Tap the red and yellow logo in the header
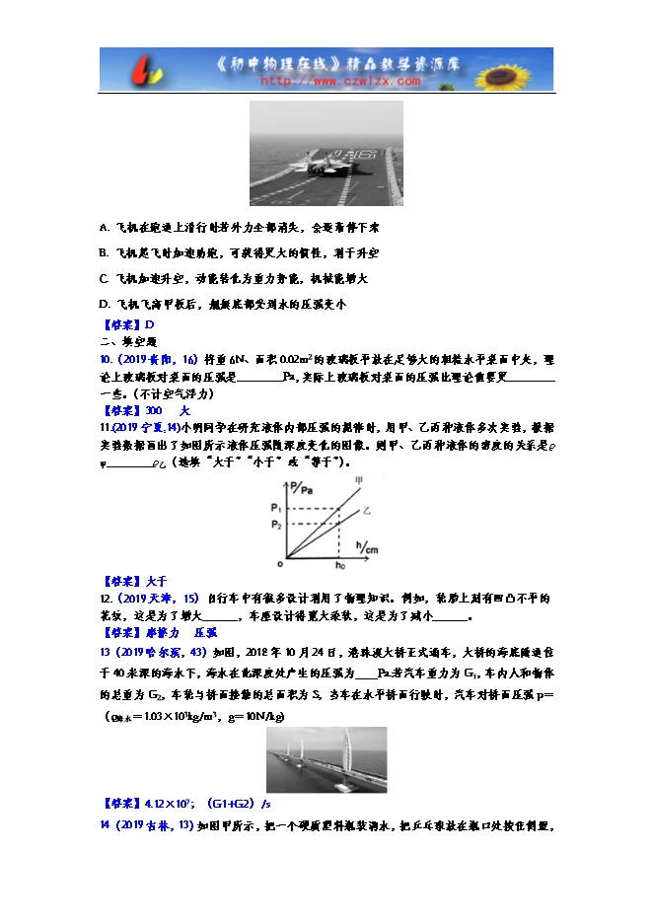point(127,71)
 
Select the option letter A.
point(105,226)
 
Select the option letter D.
point(105,303)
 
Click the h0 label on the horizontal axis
point(340,565)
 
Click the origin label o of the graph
point(279,564)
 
